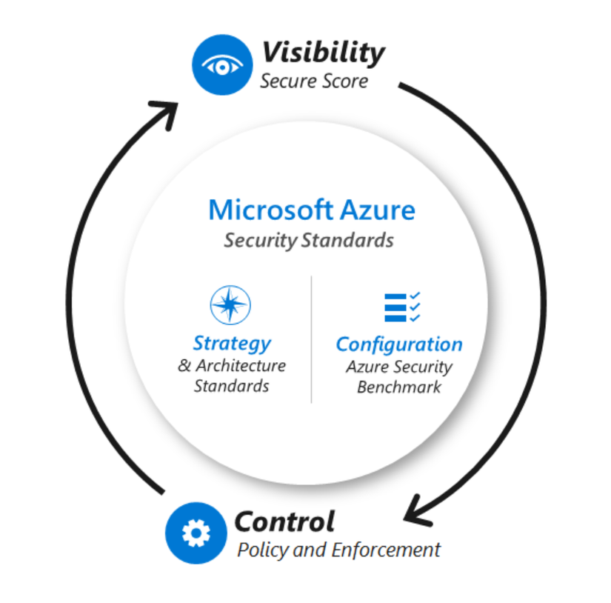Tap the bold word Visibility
(323, 53)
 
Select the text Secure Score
(313, 81)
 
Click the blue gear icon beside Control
(196, 532)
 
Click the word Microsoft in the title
(270, 210)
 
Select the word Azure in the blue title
(377, 210)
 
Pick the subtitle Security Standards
(309, 240)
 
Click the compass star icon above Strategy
(230, 305)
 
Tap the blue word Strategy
(231, 343)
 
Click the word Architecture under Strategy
(241, 365)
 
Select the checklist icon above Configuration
(402, 307)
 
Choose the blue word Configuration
(399, 344)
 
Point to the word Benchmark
(399, 387)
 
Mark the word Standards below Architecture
(231, 386)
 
